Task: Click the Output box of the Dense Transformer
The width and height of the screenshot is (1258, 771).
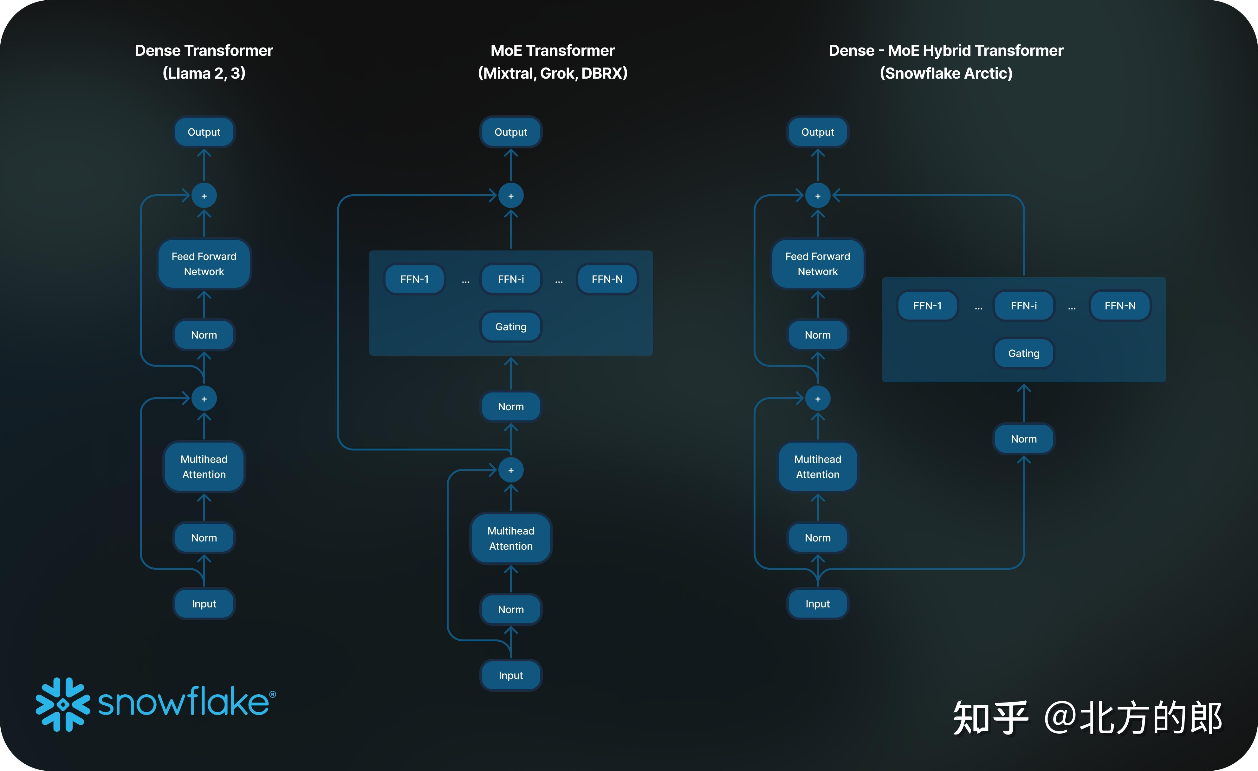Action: click(x=204, y=132)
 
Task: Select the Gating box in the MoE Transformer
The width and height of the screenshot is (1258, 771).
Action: click(x=510, y=327)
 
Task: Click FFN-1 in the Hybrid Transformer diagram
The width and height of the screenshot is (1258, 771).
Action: click(x=927, y=306)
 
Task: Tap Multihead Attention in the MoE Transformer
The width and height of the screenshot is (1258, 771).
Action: click(x=510, y=539)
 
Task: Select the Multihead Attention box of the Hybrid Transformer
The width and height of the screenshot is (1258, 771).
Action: click(x=817, y=467)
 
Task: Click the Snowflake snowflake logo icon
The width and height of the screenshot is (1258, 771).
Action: click(x=63, y=705)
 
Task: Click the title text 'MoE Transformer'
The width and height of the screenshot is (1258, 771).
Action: click(x=552, y=50)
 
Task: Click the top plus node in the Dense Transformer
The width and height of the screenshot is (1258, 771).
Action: click(x=204, y=196)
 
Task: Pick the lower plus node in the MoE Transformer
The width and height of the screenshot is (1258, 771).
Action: click(x=510, y=470)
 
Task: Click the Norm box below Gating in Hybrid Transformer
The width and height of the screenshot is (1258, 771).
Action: click(x=1024, y=439)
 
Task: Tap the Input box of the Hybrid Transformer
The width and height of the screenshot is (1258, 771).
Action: click(x=817, y=604)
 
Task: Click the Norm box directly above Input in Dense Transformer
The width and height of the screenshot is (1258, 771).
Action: click(x=204, y=538)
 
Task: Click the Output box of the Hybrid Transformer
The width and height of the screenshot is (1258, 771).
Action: click(x=817, y=132)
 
